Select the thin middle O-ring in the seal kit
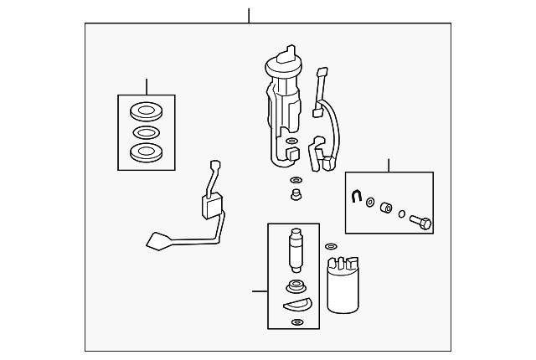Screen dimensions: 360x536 (147, 131)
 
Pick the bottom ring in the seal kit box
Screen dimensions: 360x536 (147, 152)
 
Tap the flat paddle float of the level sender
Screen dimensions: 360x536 (160, 241)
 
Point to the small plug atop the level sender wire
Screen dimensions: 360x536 (214, 165)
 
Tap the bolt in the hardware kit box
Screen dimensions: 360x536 (421, 223)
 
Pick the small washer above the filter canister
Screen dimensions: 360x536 (330, 247)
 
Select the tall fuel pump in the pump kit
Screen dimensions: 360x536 (294, 249)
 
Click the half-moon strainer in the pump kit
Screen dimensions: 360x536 (296, 303)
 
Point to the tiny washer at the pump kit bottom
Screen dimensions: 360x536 (296, 321)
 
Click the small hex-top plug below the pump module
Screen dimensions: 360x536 (295, 196)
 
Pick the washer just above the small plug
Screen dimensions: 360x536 (296, 180)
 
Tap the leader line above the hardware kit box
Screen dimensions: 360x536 (389, 165)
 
